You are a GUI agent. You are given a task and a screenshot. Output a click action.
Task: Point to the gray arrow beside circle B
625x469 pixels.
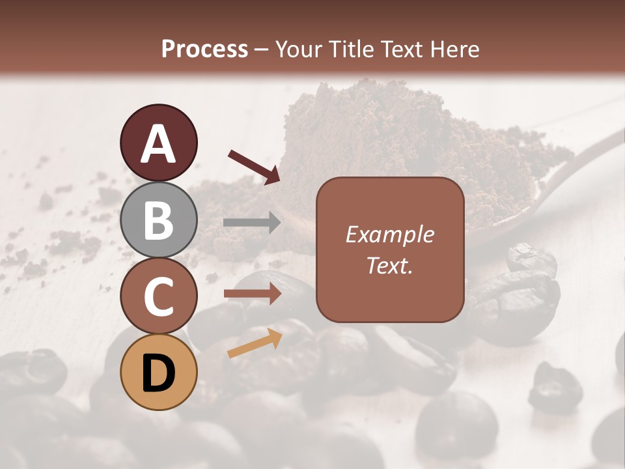(252, 223)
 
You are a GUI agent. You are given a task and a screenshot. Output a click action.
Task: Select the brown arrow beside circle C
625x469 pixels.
(252, 294)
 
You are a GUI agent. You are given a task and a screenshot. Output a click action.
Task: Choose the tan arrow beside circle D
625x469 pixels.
(255, 343)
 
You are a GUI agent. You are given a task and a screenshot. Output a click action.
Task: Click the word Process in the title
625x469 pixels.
(204, 50)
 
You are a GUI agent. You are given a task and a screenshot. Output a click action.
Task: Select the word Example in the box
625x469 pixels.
(389, 234)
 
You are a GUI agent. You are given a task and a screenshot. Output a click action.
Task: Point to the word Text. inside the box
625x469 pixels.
(389, 266)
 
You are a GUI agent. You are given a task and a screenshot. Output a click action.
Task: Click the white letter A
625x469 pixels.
(158, 144)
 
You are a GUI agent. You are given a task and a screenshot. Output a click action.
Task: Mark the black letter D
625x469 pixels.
(158, 373)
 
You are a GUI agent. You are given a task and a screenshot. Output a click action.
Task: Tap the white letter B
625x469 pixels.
(158, 220)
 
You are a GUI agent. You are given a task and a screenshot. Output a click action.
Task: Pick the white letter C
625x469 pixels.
(158, 296)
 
